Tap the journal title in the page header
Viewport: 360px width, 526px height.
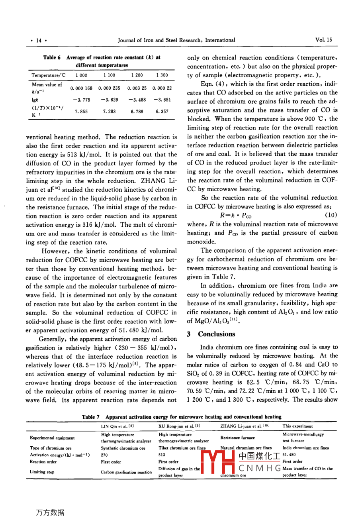[x=176, y=40]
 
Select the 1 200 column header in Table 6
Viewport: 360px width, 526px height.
[x=137, y=75]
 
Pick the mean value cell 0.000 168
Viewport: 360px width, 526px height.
[x=81, y=88]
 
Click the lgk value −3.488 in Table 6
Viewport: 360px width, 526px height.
[x=137, y=100]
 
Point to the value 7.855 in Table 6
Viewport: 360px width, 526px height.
[x=81, y=112]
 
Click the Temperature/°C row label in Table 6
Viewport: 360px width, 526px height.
[x=46, y=75]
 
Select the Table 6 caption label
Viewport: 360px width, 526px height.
[x=52, y=57]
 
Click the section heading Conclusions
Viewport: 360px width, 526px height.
[x=216, y=334]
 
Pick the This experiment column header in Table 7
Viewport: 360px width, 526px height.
[x=297, y=426]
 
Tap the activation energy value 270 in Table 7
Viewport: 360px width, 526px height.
[x=105, y=455]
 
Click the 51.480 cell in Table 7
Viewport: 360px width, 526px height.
[x=290, y=455]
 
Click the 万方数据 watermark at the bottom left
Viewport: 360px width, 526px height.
[x=50, y=512]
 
